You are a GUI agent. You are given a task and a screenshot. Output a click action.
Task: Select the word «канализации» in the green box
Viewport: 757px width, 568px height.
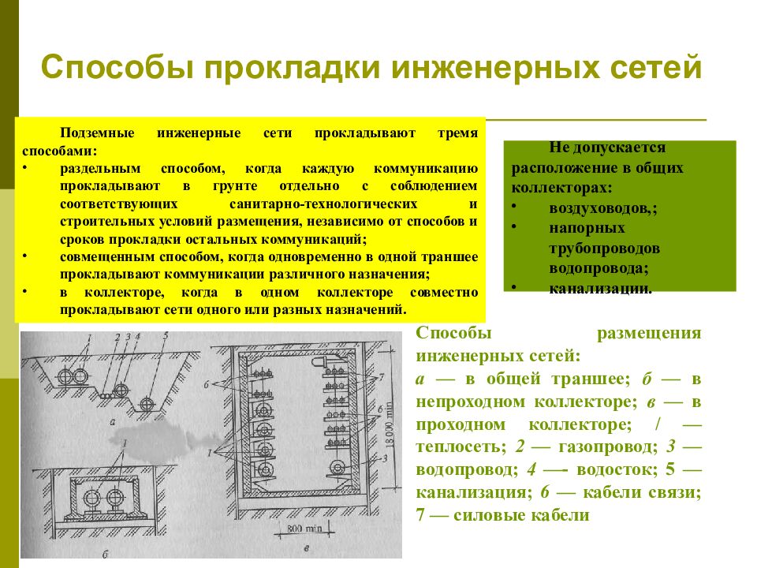click(599, 288)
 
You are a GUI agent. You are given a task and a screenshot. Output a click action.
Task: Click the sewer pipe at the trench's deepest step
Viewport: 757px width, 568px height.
click(147, 405)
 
